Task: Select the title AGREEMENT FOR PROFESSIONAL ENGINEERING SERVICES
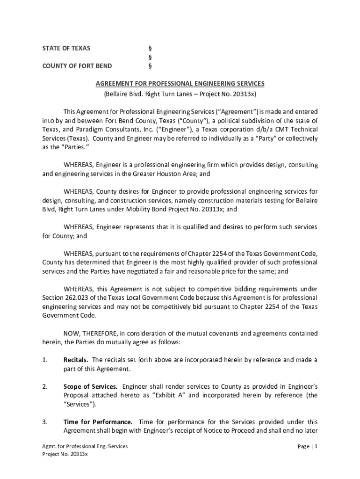[x=180, y=84]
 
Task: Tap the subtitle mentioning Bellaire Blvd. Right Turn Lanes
[x=180, y=94]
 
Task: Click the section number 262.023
[x=77, y=298]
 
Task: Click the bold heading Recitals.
[x=76, y=360]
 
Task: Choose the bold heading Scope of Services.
[x=90, y=386]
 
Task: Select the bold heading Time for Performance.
[x=98, y=422]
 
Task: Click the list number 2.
[x=44, y=386]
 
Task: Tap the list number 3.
[x=44, y=422]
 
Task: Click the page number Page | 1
[x=308, y=447]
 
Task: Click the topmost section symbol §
[x=150, y=48]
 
